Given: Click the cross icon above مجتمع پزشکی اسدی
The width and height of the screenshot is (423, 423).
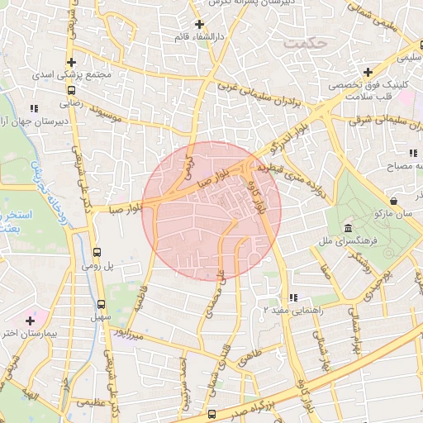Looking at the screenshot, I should coord(72,62).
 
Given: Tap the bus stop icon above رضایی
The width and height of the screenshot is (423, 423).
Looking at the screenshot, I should coord(72,91).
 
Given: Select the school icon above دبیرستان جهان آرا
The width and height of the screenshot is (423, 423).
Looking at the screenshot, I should coord(34,108).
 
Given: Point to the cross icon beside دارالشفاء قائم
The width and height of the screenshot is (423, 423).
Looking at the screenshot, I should coord(199,24).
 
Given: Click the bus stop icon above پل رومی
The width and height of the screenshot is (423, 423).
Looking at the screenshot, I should coord(97,253).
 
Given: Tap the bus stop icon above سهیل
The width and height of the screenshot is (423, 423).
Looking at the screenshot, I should coord(102,304).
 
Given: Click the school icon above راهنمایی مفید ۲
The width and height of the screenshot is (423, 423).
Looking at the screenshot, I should coord(292,298).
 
